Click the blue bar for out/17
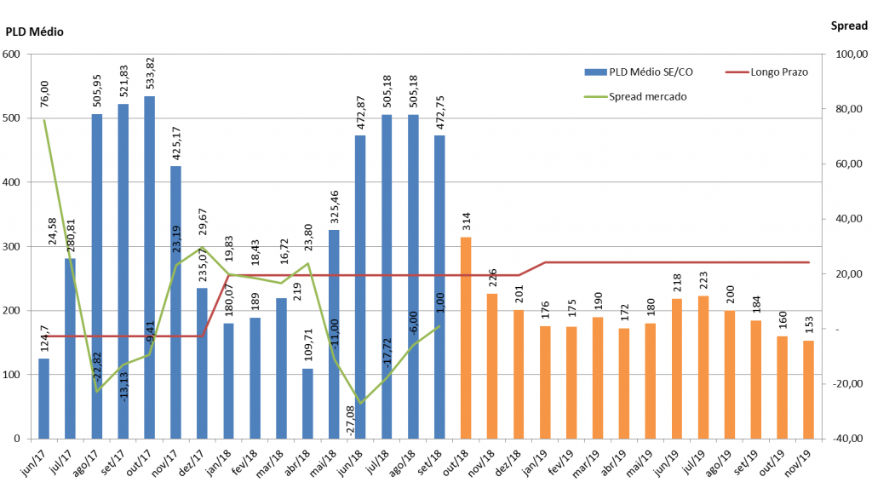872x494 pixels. pos(149,267)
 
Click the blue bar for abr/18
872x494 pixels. pos(307,404)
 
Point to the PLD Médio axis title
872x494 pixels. pos(35,32)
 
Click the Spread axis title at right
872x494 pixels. pos(848,26)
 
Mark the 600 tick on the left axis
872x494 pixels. pos(12,55)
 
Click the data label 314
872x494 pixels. pos(466,222)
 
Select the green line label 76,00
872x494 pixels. pos(44,93)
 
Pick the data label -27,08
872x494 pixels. pos(352,420)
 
